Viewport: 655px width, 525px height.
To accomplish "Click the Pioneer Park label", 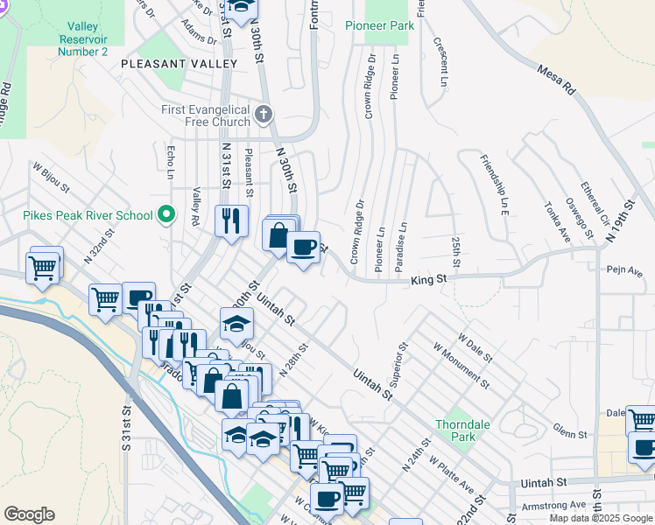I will tap(379, 26).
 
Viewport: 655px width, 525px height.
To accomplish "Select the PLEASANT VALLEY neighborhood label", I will tap(179, 64).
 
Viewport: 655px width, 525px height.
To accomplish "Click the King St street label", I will tap(429, 280).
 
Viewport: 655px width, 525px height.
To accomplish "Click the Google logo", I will tap(29, 514).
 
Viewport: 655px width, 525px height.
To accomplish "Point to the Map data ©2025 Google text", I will tap(600, 518).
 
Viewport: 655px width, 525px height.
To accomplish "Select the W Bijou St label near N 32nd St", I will tap(50, 179).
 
